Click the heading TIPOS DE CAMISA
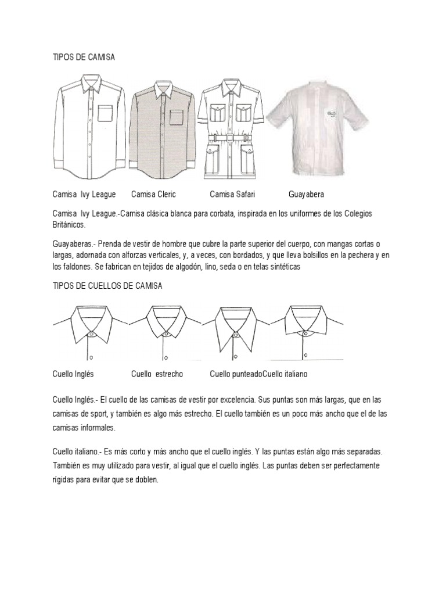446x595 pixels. [83, 58]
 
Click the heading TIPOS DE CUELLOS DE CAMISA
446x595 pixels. [107, 286]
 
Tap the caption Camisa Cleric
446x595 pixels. [153, 194]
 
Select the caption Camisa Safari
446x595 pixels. [232, 194]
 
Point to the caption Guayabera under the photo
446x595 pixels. [306, 194]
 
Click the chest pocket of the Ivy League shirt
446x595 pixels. [105, 113]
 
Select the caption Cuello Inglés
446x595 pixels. [73, 374]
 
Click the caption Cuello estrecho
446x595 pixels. [157, 374]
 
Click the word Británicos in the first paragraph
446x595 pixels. [69, 225]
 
